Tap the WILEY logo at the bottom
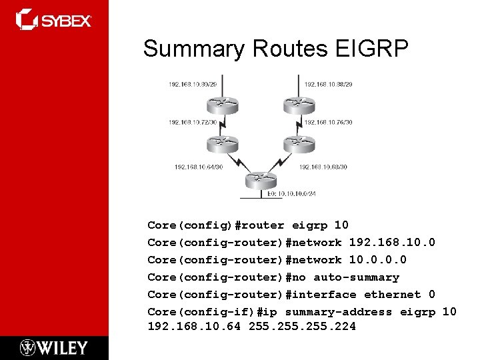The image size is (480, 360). click(x=54, y=347)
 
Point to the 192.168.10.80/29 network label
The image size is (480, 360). click(x=193, y=84)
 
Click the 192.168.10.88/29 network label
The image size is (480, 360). click(x=328, y=84)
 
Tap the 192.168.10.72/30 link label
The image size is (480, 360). click(x=193, y=123)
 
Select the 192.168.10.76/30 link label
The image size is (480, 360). click(x=328, y=123)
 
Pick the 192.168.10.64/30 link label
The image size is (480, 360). click(x=199, y=167)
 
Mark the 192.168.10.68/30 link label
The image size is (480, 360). click(x=323, y=167)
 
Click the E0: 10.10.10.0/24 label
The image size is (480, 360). click(x=292, y=194)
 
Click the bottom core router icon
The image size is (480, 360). click(x=260, y=180)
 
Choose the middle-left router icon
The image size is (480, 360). click(x=221, y=143)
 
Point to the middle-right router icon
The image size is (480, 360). click(x=298, y=143)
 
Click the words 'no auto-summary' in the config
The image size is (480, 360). click(x=356, y=277)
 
